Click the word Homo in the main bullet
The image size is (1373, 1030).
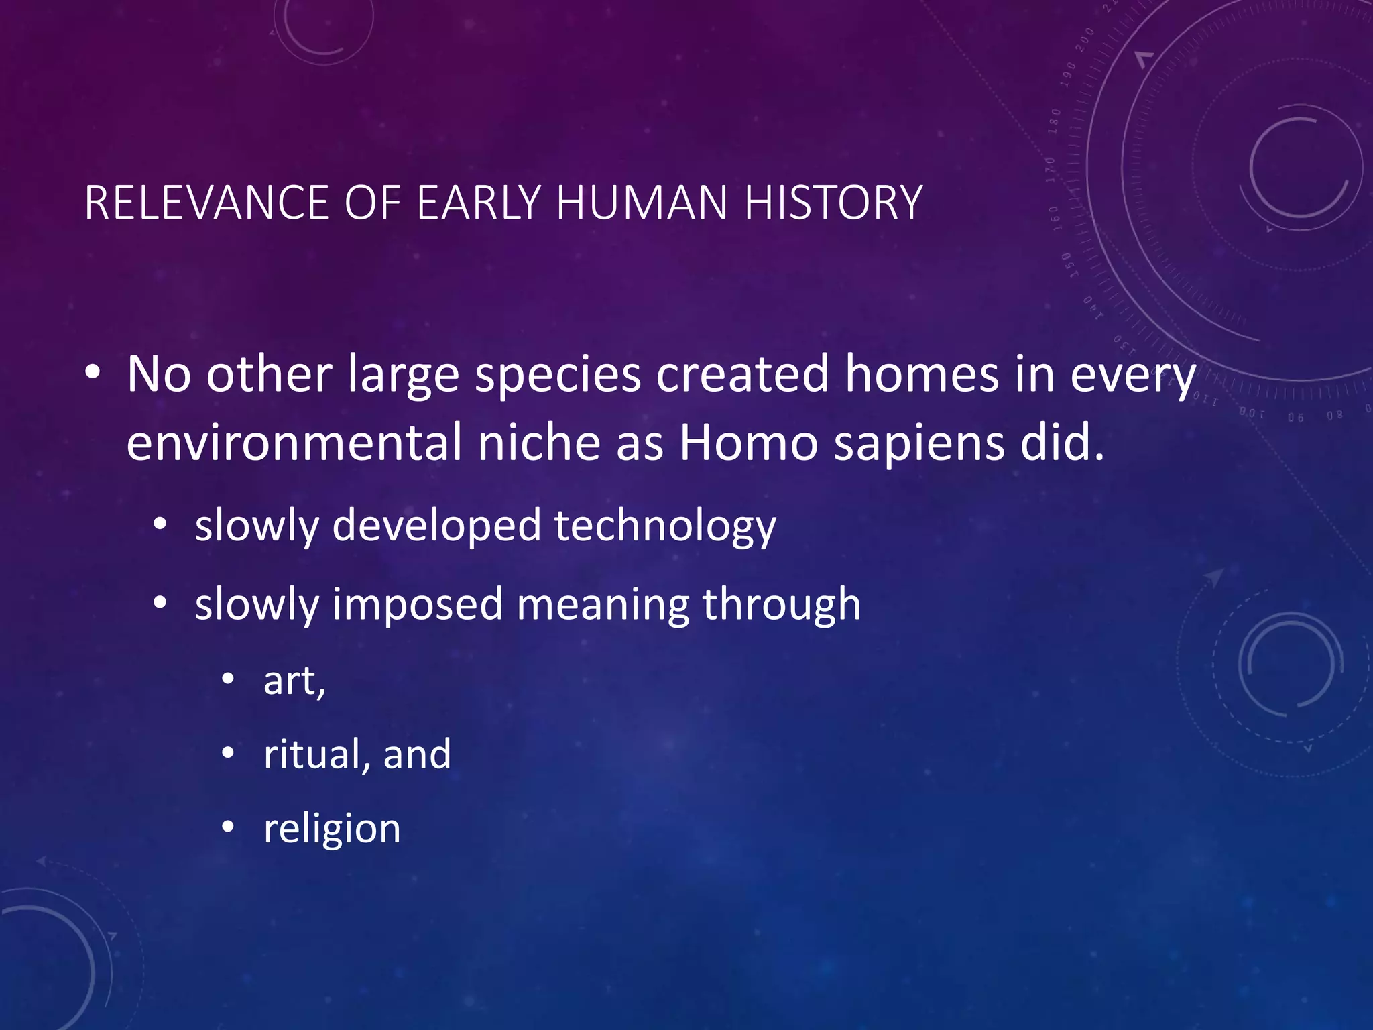coord(748,443)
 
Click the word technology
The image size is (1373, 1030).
coord(664,526)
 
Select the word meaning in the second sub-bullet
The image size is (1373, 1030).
coord(602,606)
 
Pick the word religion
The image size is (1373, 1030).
coord(332,829)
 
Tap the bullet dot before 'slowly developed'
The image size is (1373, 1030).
coord(160,526)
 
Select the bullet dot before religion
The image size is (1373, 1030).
coord(228,827)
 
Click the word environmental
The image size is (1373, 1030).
coord(294,443)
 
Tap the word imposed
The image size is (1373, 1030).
coord(417,606)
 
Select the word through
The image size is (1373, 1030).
coord(781,606)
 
